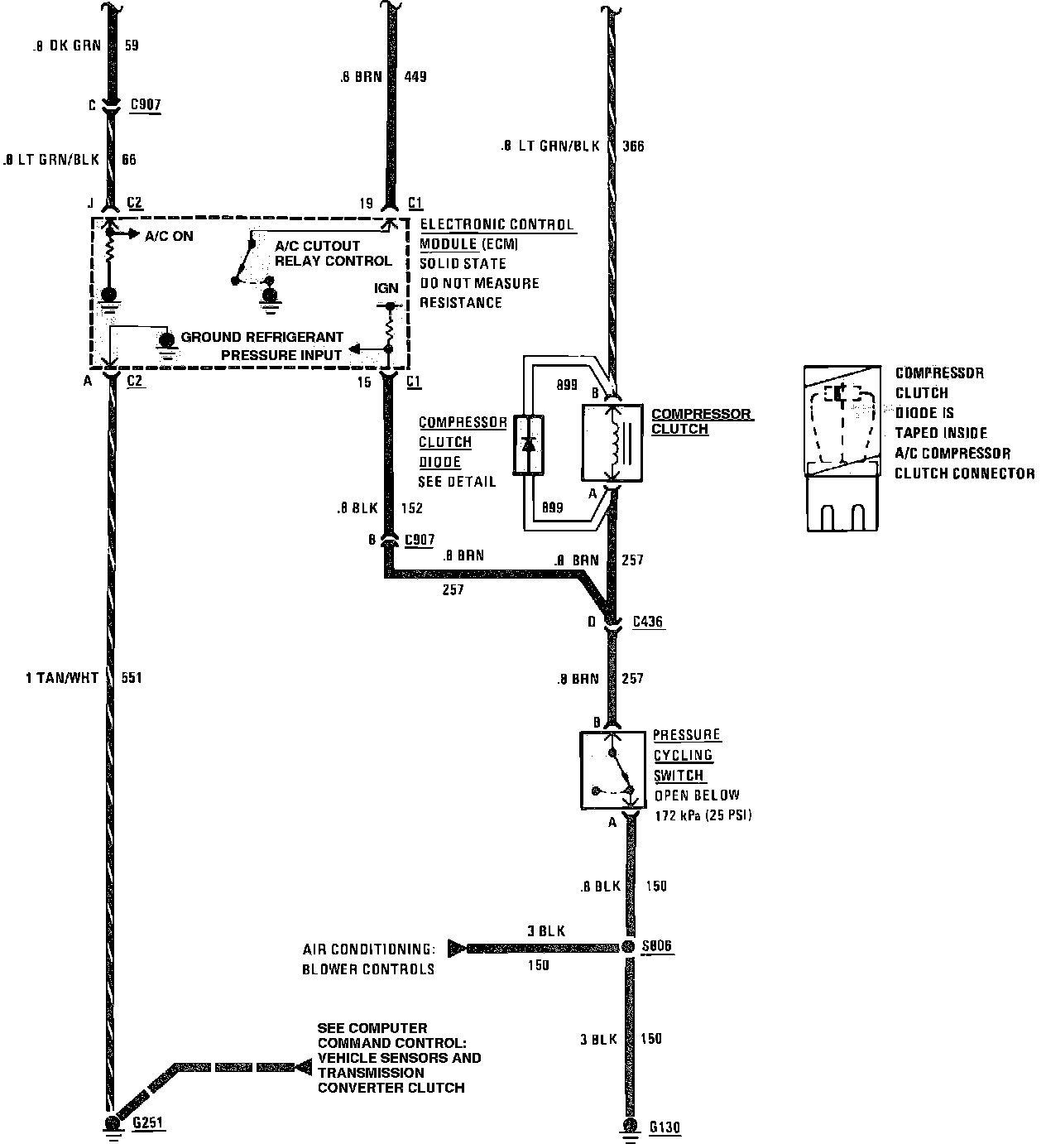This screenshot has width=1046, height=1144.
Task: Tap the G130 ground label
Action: (x=665, y=1127)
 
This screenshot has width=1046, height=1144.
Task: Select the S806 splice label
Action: (x=657, y=946)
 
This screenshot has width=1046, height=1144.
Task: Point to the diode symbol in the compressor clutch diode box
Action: (x=530, y=445)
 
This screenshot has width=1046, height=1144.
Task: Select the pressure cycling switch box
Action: (x=613, y=770)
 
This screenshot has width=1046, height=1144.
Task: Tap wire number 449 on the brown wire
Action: (x=415, y=77)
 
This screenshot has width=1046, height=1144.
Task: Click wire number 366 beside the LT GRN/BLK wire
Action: (x=633, y=147)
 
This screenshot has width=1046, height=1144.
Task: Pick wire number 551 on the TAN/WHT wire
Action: (x=131, y=678)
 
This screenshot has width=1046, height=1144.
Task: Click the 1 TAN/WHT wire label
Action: (x=62, y=678)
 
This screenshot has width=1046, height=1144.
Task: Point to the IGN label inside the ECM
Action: (x=386, y=288)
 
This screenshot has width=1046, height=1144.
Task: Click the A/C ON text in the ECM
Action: (x=169, y=236)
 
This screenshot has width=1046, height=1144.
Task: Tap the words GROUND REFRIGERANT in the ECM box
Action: (x=261, y=337)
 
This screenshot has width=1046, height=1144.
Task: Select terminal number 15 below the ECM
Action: (x=365, y=382)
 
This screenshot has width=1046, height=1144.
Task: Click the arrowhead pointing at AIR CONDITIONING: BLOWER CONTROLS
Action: (x=456, y=947)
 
